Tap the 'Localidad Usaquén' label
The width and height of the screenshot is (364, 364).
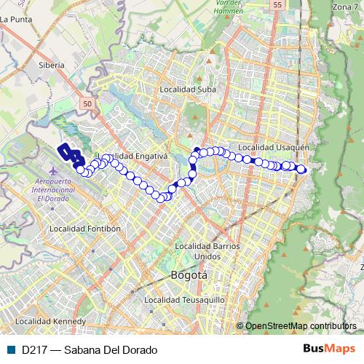tap(274, 146)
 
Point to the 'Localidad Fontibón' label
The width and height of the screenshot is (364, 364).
tap(84, 228)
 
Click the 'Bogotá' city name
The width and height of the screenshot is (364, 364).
tap(189, 275)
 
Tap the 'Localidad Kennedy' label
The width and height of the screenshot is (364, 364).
tap(50, 320)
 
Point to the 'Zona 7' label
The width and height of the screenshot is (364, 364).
tap(345, 7)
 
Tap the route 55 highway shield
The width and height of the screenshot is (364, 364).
tap(277, 5)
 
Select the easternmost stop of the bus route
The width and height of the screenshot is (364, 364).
tap(302, 170)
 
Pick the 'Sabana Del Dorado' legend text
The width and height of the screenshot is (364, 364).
tap(111, 349)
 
